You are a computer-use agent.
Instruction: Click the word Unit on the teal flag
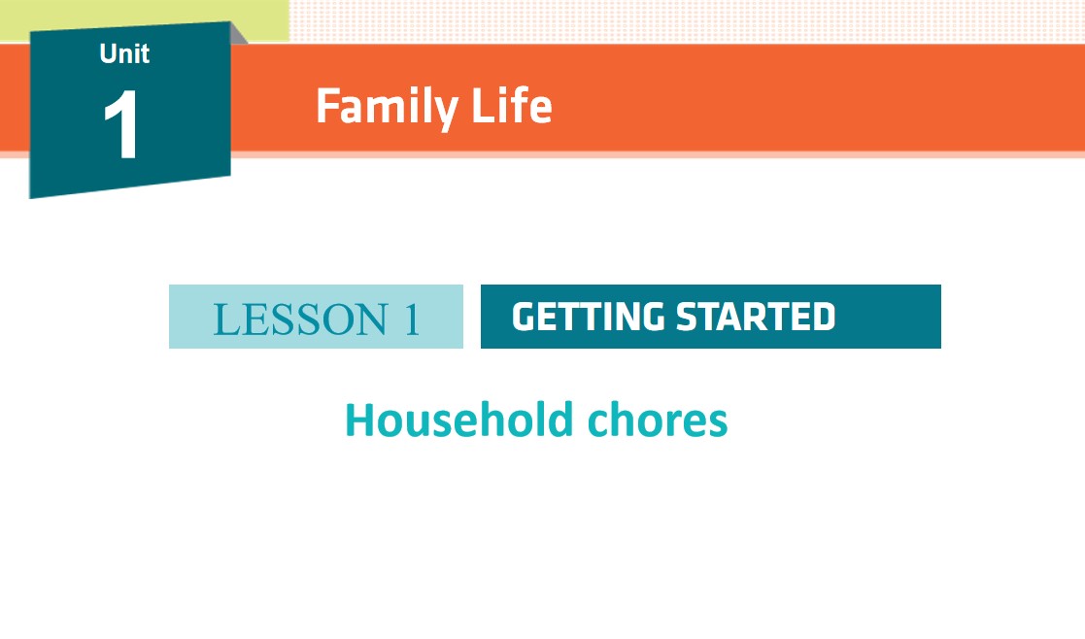click(x=124, y=53)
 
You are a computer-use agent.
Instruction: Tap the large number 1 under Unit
click(x=121, y=124)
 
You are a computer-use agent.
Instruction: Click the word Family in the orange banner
click(x=387, y=107)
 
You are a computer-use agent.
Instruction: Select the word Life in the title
click(x=511, y=106)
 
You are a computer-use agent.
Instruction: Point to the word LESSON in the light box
click(x=300, y=319)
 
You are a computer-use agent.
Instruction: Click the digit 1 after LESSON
click(x=413, y=319)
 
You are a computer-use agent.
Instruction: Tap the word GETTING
click(x=589, y=317)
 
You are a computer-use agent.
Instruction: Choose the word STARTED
click(x=756, y=317)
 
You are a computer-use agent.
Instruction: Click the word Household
click(x=458, y=420)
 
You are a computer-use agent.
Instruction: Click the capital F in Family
click(x=328, y=106)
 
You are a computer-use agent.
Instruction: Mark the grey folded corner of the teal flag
click(x=238, y=33)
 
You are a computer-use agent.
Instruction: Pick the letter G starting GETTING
click(x=526, y=317)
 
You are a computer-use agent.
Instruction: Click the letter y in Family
click(x=446, y=113)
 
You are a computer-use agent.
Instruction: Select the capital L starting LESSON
click(x=225, y=319)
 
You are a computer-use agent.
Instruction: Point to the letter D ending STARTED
click(x=823, y=317)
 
